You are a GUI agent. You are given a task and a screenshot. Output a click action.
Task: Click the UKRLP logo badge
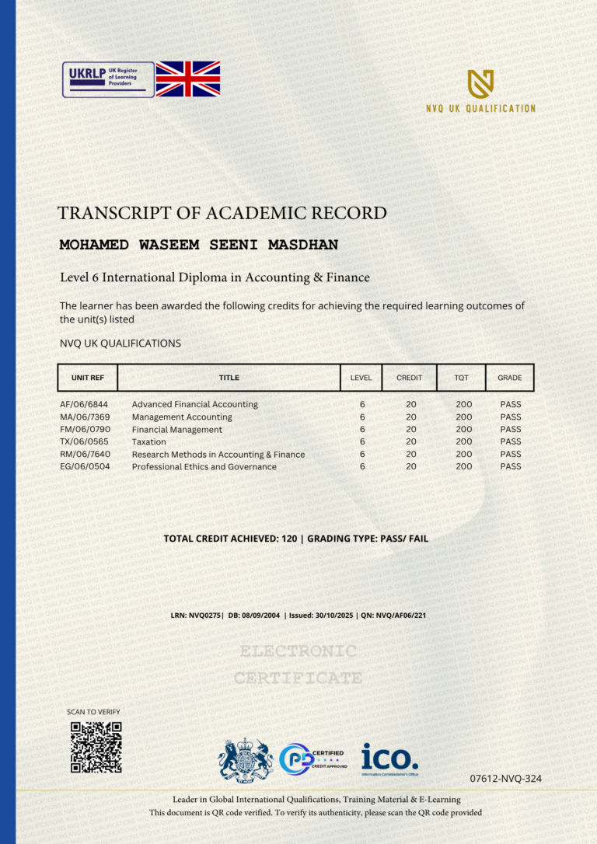(108, 79)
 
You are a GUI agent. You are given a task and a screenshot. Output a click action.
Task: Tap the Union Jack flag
(188, 79)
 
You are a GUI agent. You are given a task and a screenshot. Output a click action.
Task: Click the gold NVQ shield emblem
(480, 84)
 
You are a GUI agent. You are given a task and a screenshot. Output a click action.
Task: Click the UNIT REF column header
(87, 378)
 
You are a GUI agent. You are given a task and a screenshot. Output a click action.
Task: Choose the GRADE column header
(510, 378)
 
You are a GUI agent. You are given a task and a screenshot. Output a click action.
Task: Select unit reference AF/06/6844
(84, 404)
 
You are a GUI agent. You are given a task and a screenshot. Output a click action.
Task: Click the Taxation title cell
(149, 441)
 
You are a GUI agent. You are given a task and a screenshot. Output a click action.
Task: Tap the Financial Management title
(177, 429)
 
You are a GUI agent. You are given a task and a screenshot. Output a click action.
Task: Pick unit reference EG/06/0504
(84, 466)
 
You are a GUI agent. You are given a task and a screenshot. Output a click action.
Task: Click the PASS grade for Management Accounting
(511, 417)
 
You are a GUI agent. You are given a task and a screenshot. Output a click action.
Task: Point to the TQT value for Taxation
(464, 441)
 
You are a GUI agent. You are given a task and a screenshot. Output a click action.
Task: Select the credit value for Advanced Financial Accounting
(410, 404)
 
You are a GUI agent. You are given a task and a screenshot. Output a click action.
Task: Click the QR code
(96, 747)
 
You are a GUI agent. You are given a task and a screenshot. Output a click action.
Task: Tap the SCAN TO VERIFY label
(94, 712)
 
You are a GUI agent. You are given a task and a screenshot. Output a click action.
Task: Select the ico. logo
(389, 758)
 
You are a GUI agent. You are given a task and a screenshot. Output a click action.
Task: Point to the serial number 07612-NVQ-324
(506, 778)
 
